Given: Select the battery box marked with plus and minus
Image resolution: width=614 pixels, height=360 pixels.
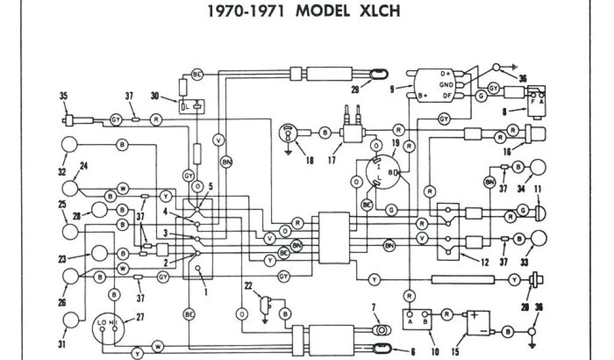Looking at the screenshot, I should pyautogui.click(x=482, y=323).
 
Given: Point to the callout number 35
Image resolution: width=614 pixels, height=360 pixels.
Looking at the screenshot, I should pyautogui.click(x=64, y=95).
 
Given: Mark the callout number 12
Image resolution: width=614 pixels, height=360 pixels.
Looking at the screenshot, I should pyautogui.click(x=484, y=262).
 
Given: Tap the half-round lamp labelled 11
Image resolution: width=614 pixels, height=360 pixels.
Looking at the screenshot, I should pyautogui.click(x=539, y=211).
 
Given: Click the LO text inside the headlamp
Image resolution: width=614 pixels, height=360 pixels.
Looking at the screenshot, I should pyautogui.click(x=101, y=323).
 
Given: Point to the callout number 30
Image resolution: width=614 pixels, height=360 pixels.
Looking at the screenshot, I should pyautogui.click(x=155, y=96).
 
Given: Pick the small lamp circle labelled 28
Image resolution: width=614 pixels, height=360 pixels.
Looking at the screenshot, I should pyautogui.click(x=99, y=210).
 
